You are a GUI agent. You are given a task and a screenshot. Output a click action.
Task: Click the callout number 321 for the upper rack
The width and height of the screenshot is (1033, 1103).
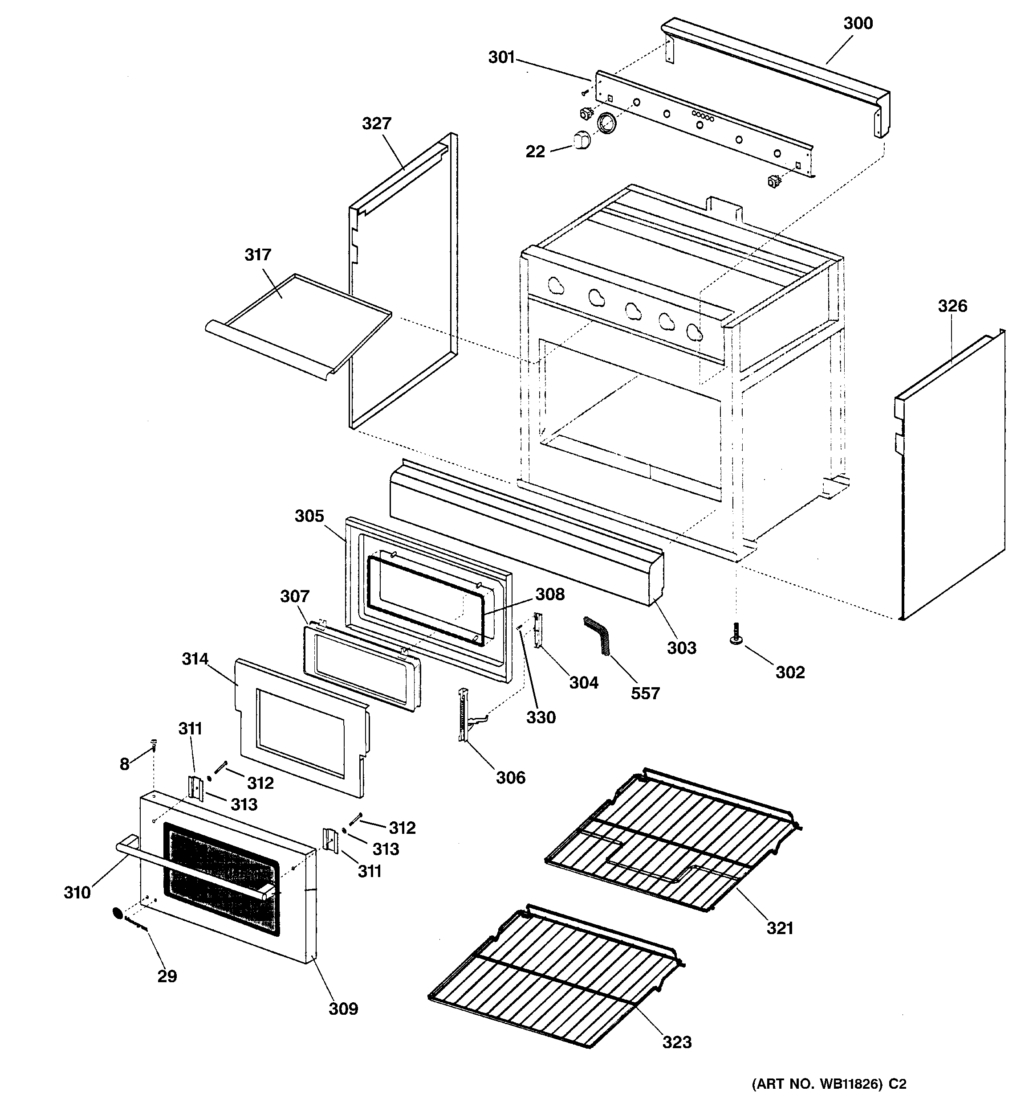780,928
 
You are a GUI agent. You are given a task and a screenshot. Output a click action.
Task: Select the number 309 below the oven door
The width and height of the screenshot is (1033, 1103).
343,1009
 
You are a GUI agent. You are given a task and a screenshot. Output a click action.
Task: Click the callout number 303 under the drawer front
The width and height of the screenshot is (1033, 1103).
681,648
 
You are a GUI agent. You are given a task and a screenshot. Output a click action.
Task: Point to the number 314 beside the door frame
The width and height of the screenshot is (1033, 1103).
195,659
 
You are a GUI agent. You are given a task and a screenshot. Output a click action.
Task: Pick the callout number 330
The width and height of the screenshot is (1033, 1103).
541,718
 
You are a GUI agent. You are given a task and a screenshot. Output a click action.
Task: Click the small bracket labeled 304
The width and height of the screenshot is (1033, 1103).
536,630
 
